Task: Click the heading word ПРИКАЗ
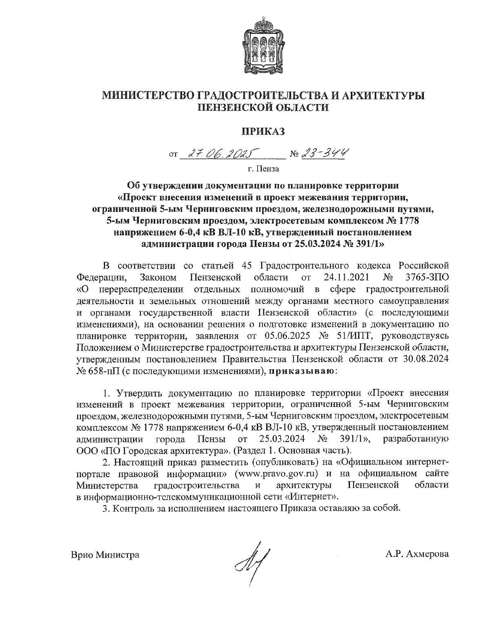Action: click(x=263, y=131)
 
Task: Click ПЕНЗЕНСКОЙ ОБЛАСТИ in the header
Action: click(x=263, y=107)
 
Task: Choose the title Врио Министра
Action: click(x=105, y=555)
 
